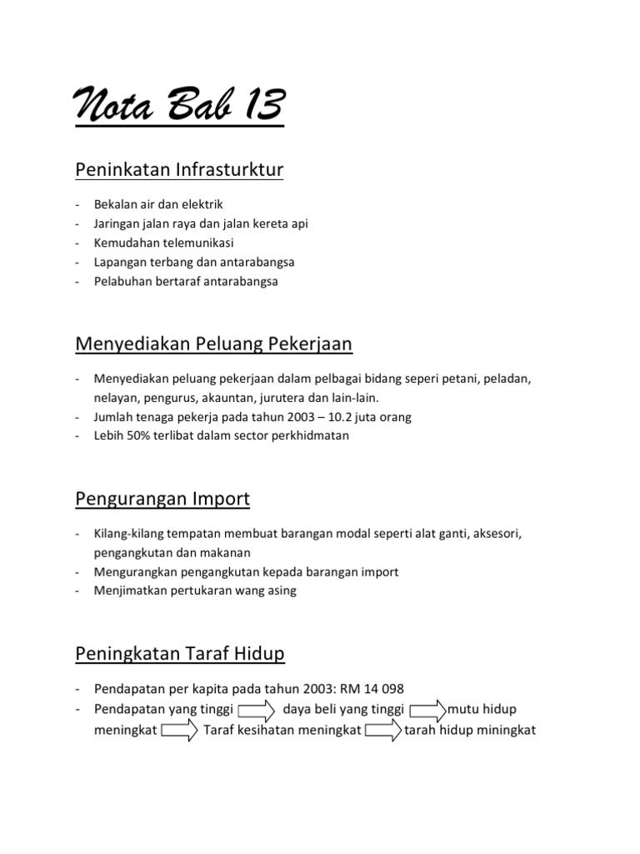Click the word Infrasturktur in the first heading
point(229,170)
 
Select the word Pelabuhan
point(122,281)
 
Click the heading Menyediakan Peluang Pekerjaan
point(213,344)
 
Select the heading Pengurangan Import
point(162,499)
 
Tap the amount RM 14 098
point(367,688)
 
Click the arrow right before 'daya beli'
point(257,711)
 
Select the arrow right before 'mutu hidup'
point(428,711)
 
